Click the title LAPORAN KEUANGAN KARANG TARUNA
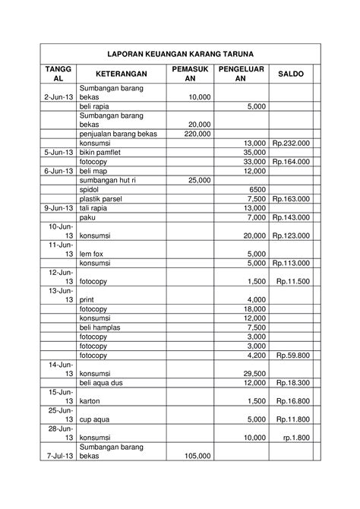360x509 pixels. (180, 53)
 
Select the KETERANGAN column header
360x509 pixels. (119, 74)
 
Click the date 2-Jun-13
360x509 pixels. (58, 97)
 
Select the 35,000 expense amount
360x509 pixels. (253, 152)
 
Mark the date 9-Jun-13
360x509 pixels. (58, 207)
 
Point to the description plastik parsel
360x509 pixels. (104, 198)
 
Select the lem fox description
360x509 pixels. (95, 254)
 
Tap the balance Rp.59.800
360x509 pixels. (292, 355)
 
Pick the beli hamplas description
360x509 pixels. (103, 327)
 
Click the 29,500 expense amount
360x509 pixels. (253, 374)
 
